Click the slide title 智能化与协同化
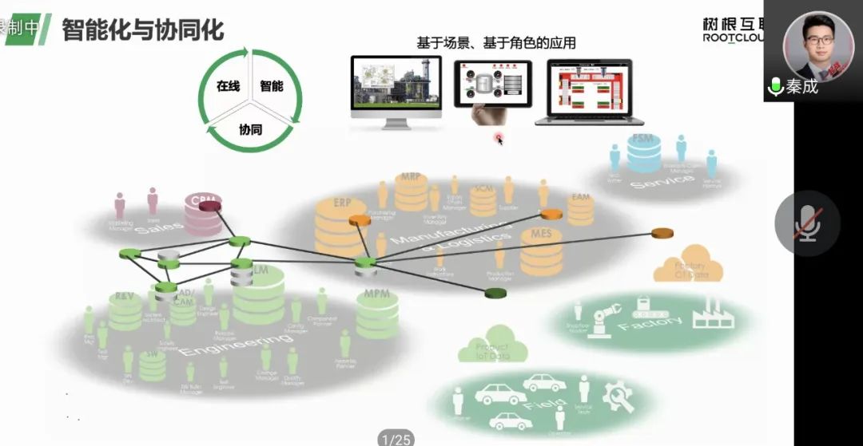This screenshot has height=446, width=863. click(x=143, y=30)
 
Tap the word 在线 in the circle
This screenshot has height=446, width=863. click(x=228, y=86)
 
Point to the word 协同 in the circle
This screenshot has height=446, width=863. click(x=250, y=128)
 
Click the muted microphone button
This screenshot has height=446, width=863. click(x=807, y=223)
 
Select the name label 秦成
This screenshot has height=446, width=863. click(x=801, y=87)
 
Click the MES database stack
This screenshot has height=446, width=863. click(x=541, y=251)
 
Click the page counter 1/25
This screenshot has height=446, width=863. click(x=396, y=439)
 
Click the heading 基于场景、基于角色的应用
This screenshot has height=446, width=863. click(x=495, y=43)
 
